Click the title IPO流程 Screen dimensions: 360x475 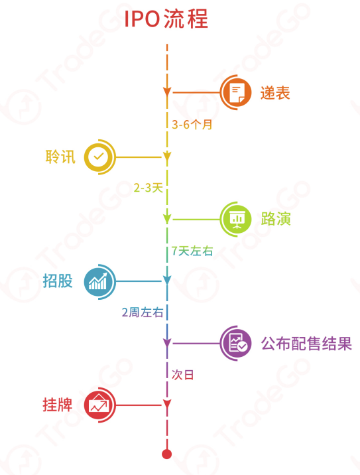point(166,19)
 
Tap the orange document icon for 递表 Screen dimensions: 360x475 point(236,92)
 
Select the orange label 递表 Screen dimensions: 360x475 point(275,93)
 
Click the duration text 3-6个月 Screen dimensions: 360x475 point(192,124)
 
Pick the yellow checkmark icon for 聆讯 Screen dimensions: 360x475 point(99,157)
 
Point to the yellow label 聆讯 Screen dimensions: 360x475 point(60,157)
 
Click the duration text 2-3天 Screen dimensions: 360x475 point(149,188)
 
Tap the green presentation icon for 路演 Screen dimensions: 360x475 point(236,219)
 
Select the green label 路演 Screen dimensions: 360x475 point(276,219)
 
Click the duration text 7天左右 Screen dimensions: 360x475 point(192,251)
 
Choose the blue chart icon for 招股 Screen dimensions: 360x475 point(99,282)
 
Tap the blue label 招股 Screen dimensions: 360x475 point(58,281)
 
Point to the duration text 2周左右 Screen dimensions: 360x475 point(143,312)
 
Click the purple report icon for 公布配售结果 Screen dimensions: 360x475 point(236,343)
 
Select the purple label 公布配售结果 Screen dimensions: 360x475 point(306,344)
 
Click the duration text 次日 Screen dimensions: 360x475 point(182,375)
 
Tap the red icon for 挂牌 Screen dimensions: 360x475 point(99,405)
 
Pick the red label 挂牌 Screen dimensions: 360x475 point(58,405)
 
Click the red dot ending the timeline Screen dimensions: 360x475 point(167,454)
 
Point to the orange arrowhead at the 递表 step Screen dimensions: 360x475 point(167,92)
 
